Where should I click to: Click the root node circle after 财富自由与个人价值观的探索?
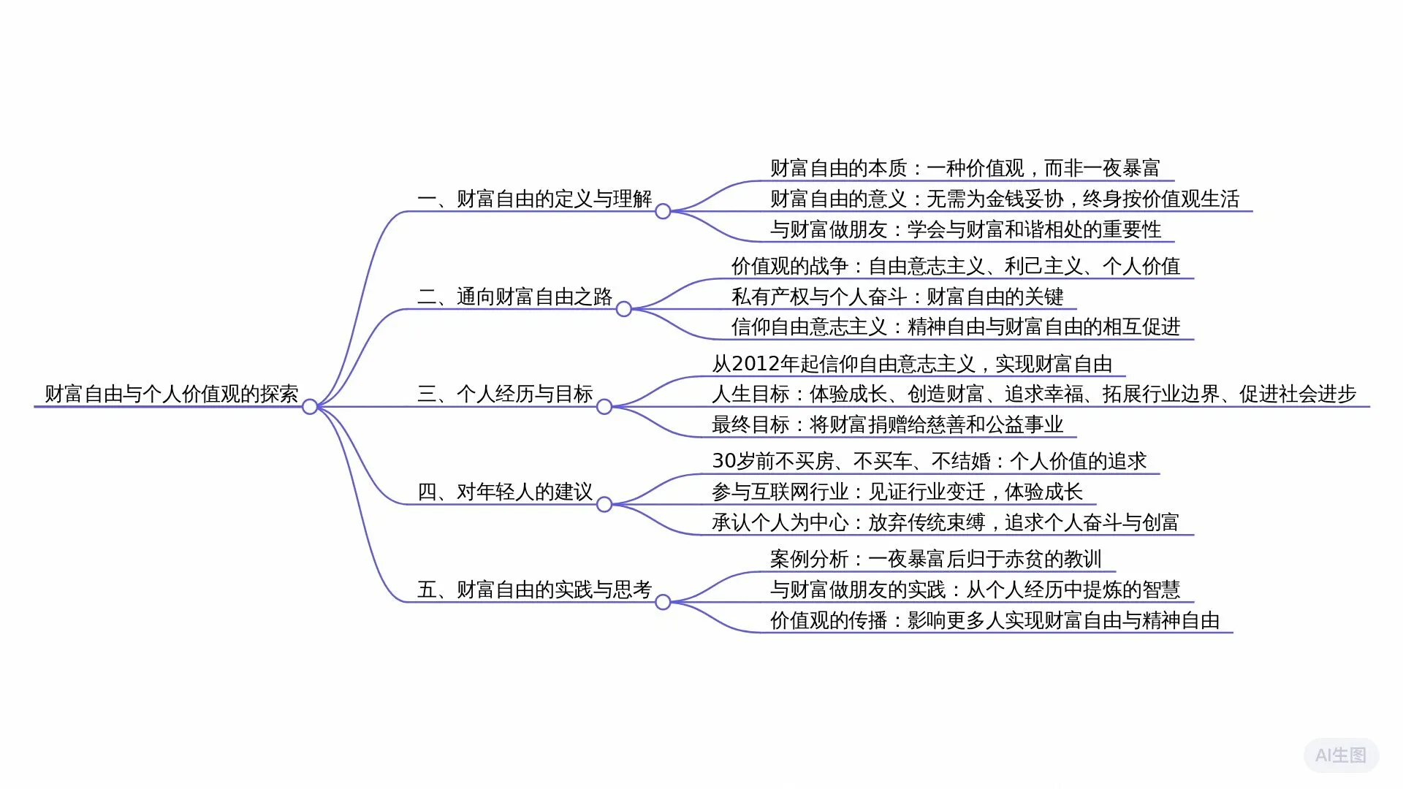310,407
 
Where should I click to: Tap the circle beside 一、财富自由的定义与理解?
663,212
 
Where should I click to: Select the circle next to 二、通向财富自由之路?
624,310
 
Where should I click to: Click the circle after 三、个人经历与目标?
604,407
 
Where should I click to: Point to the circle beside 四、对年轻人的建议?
604,505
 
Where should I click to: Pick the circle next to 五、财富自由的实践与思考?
663,602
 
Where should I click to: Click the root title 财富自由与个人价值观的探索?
172,394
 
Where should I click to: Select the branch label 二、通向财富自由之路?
514,297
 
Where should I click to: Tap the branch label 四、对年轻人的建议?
505,492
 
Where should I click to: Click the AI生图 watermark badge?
1341,755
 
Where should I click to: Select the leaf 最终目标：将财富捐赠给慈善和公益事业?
887,424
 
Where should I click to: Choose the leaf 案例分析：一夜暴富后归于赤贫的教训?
935,559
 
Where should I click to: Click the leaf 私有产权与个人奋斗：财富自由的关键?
897,297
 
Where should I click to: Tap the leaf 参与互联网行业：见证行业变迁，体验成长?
897,492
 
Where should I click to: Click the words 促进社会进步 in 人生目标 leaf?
1298,394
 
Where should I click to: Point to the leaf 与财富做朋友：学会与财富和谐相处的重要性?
965,229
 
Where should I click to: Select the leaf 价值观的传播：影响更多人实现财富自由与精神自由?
995,620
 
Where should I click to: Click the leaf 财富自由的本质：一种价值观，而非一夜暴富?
965,168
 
